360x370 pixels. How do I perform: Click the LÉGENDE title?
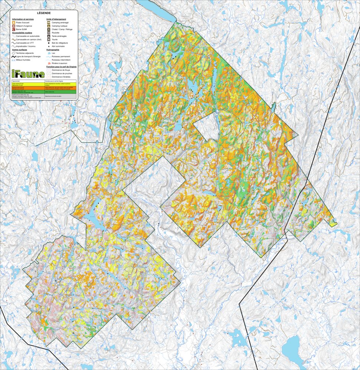click(x=44, y=13)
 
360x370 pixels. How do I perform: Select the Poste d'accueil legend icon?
click(x=13, y=22)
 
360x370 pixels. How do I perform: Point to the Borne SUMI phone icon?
click(x=13, y=29)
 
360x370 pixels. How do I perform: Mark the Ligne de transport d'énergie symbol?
click(x=13, y=56)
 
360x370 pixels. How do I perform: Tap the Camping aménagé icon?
click(x=49, y=22)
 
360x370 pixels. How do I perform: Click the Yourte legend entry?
click(x=55, y=39)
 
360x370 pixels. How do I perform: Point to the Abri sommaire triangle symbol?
click(x=49, y=46)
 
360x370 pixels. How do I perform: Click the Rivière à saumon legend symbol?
click(x=49, y=63)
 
